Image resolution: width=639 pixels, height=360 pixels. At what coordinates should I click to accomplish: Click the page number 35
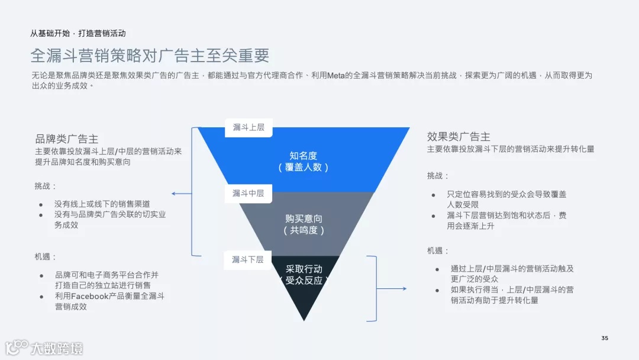coord(604,338)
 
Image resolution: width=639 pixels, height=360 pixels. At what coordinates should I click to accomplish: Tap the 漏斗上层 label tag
coord(248,127)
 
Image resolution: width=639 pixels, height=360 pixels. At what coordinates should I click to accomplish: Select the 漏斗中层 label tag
coord(248,193)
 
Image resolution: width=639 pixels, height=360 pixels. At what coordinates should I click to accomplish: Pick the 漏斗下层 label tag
coord(247,259)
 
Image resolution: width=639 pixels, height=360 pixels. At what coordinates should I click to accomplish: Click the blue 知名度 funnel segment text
coord(303,156)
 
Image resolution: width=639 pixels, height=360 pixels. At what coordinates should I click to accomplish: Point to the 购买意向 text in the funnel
coord(304,218)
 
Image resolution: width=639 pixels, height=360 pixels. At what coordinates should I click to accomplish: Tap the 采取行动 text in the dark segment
coord(304,269)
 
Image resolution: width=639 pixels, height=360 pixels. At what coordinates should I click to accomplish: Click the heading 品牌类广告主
coord(67,139)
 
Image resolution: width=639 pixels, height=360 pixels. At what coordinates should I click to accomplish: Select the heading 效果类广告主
coord(459,137)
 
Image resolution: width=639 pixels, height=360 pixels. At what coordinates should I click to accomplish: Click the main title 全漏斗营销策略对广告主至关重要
coord(150,56)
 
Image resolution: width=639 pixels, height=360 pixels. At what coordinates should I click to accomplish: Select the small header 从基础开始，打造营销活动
coord(78,33)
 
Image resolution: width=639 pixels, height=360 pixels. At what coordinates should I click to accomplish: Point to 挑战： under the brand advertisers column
coord(46,186)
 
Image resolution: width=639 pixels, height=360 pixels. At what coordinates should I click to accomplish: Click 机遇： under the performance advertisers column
coord(438,250)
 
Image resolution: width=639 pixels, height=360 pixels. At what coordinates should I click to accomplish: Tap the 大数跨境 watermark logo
coord(44,347)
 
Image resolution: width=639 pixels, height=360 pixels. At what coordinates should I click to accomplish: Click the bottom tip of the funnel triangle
coord(304,319)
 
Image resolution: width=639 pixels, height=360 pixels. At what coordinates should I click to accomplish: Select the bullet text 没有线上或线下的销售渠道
coord(102,204)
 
